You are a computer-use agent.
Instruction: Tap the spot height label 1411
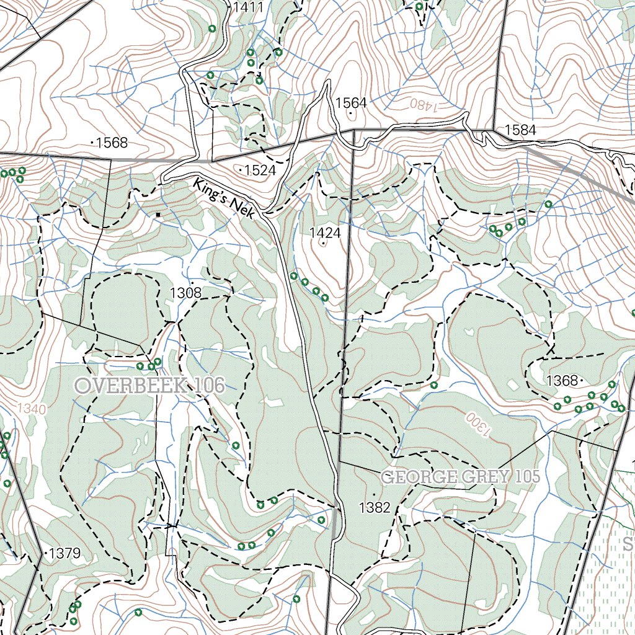pos(248,7)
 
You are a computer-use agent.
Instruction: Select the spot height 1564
pos(352,103)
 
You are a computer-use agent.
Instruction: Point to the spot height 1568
pos(112,143)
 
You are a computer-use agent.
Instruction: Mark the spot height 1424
pos(325,233)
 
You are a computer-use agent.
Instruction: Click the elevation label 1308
pos(185,293)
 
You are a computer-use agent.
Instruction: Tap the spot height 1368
pos(562,380)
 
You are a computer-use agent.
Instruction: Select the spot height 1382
pos(375,508)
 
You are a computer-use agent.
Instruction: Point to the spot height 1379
pos(64,553)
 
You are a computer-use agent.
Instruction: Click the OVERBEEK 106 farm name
pos(149,385)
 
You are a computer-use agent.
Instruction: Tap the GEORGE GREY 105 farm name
pos(460,477)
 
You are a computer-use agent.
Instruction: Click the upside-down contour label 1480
pos(427,104)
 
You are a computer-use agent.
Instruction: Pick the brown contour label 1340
pos(32,409)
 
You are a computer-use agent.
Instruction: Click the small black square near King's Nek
pos(158,215)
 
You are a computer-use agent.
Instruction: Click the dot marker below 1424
pos(324,244)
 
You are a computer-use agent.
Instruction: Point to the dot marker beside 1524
pos(241,168)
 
